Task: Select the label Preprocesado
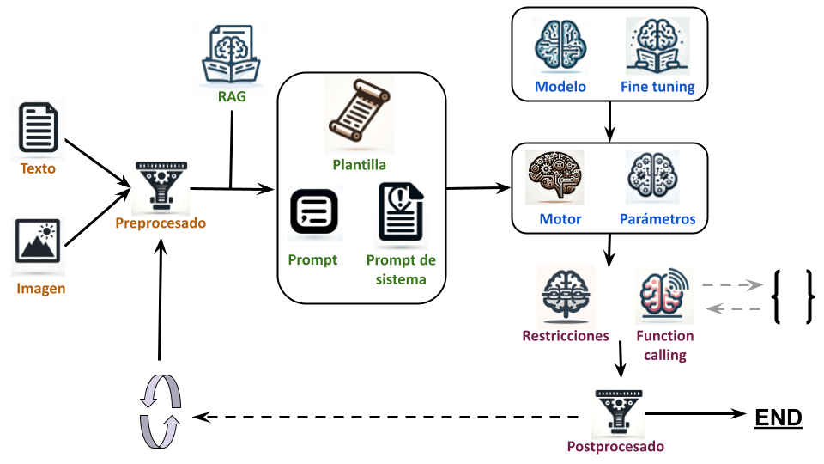click(161, 223)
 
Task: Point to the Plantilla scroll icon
click(359, 114)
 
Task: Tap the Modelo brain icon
click(560, 46)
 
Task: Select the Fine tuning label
click(657, 87)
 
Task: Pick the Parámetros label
click(657, 219)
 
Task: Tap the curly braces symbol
click(791, 297)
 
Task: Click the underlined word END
click(778, 418)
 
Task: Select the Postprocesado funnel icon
click(615, 412)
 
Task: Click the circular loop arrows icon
click(160, 412)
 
